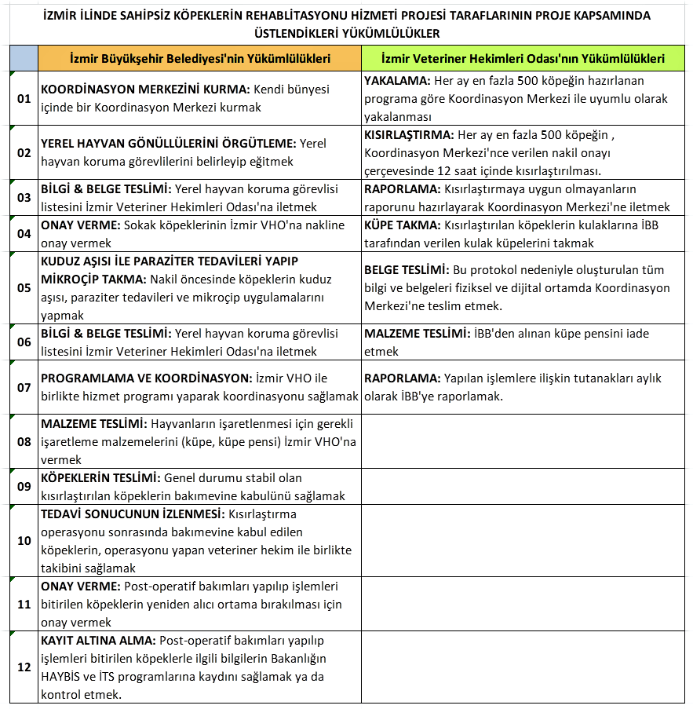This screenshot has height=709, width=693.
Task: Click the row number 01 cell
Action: click(x=24, y=98)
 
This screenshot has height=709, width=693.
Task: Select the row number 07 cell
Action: click(x=24, y=387)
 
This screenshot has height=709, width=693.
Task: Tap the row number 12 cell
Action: click(x=24, y=667)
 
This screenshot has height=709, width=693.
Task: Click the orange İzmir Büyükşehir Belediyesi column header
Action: click(x=199, y=59)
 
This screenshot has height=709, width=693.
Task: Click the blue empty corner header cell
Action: click(x=24, y=59)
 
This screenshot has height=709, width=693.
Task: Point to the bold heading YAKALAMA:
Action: click(x=396, y=81)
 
